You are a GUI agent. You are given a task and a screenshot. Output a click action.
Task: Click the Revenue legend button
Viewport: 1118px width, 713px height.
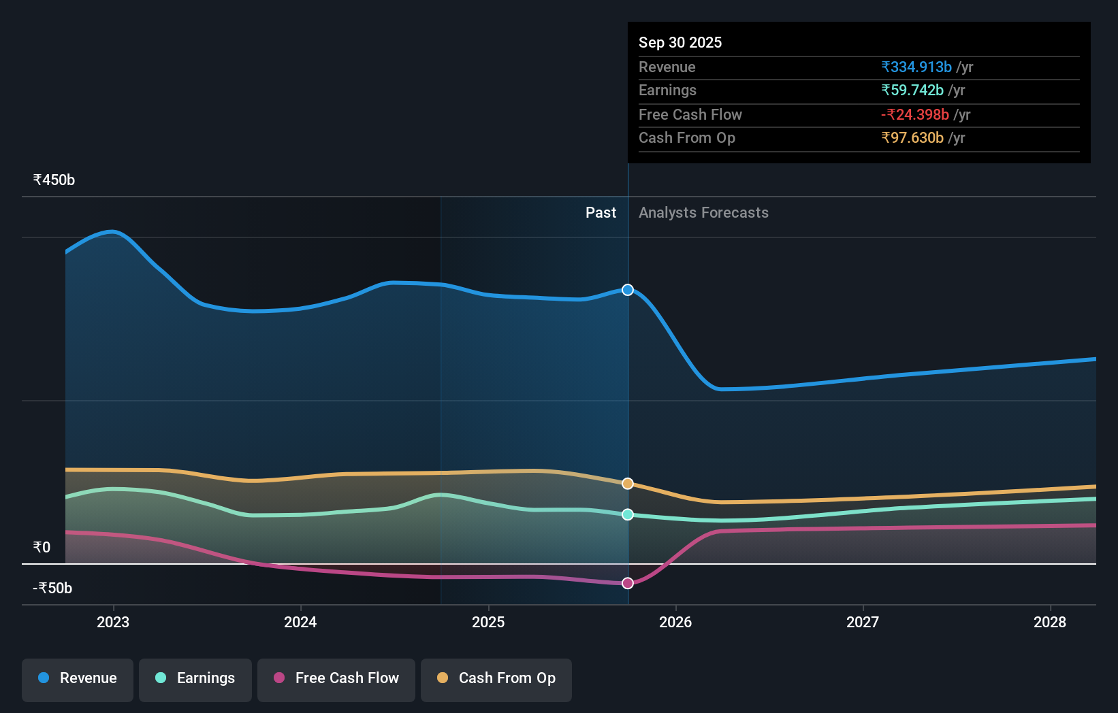[78, 678]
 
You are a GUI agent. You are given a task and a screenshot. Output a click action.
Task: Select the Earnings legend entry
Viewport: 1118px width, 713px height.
[195, 678]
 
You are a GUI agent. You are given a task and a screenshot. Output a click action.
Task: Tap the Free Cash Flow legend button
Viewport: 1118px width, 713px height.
[336, 678]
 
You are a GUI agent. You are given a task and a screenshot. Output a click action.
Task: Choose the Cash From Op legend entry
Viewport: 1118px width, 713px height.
[496, 678]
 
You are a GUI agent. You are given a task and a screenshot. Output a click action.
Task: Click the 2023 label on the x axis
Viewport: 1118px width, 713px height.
[113, 622]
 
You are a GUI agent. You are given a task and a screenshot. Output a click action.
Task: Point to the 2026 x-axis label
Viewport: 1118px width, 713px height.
[675, 622]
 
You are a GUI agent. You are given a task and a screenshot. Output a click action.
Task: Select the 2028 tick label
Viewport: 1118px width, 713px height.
[1050, 622]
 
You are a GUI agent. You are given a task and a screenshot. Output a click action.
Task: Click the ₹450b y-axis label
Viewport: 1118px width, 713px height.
[54, 180]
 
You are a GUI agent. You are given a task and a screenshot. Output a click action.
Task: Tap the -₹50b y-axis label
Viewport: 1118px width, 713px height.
[52, 588]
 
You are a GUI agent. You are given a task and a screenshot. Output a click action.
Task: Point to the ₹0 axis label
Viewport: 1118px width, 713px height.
[42, 548]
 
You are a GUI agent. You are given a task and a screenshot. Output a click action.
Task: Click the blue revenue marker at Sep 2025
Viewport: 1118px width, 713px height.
[628, 290]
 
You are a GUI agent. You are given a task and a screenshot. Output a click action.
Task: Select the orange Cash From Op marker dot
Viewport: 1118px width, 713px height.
[628, 484]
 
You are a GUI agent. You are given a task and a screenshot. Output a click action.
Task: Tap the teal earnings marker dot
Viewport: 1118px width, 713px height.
[628, 514]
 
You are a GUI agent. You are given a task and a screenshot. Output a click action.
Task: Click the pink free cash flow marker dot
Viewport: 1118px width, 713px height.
[628, 583]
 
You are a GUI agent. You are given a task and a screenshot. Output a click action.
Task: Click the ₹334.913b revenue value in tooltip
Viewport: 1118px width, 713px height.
[916, 67]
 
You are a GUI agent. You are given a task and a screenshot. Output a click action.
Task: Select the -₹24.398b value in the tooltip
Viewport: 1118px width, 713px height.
[915, 115]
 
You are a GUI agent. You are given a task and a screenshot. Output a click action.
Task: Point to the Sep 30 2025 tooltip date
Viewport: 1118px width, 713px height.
[680, 43]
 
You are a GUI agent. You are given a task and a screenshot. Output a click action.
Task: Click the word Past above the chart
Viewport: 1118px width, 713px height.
[601, 213]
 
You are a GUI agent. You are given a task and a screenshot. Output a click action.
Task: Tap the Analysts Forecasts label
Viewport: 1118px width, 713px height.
[703, 213]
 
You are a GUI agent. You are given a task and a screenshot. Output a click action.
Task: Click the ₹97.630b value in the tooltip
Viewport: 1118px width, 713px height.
[912, 138]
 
